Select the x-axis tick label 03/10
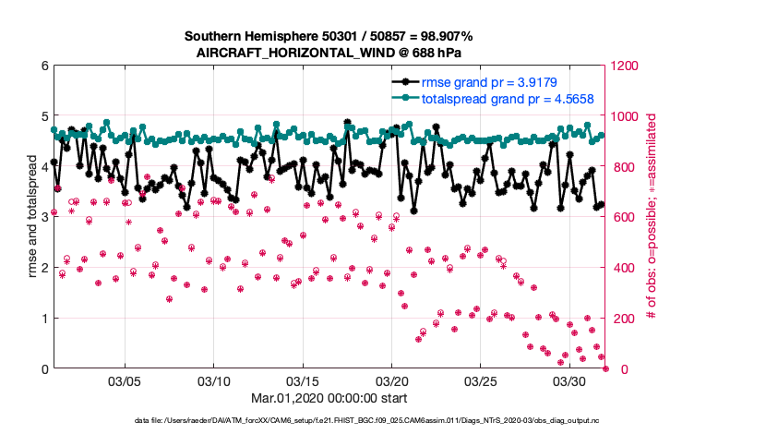214,381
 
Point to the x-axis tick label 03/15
303,381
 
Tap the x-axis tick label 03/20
392,381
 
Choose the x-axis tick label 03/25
481,381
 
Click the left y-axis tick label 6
44,66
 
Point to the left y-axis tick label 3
44,218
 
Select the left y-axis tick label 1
44,319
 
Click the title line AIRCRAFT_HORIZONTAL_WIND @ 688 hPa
329,53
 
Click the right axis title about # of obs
651,218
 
